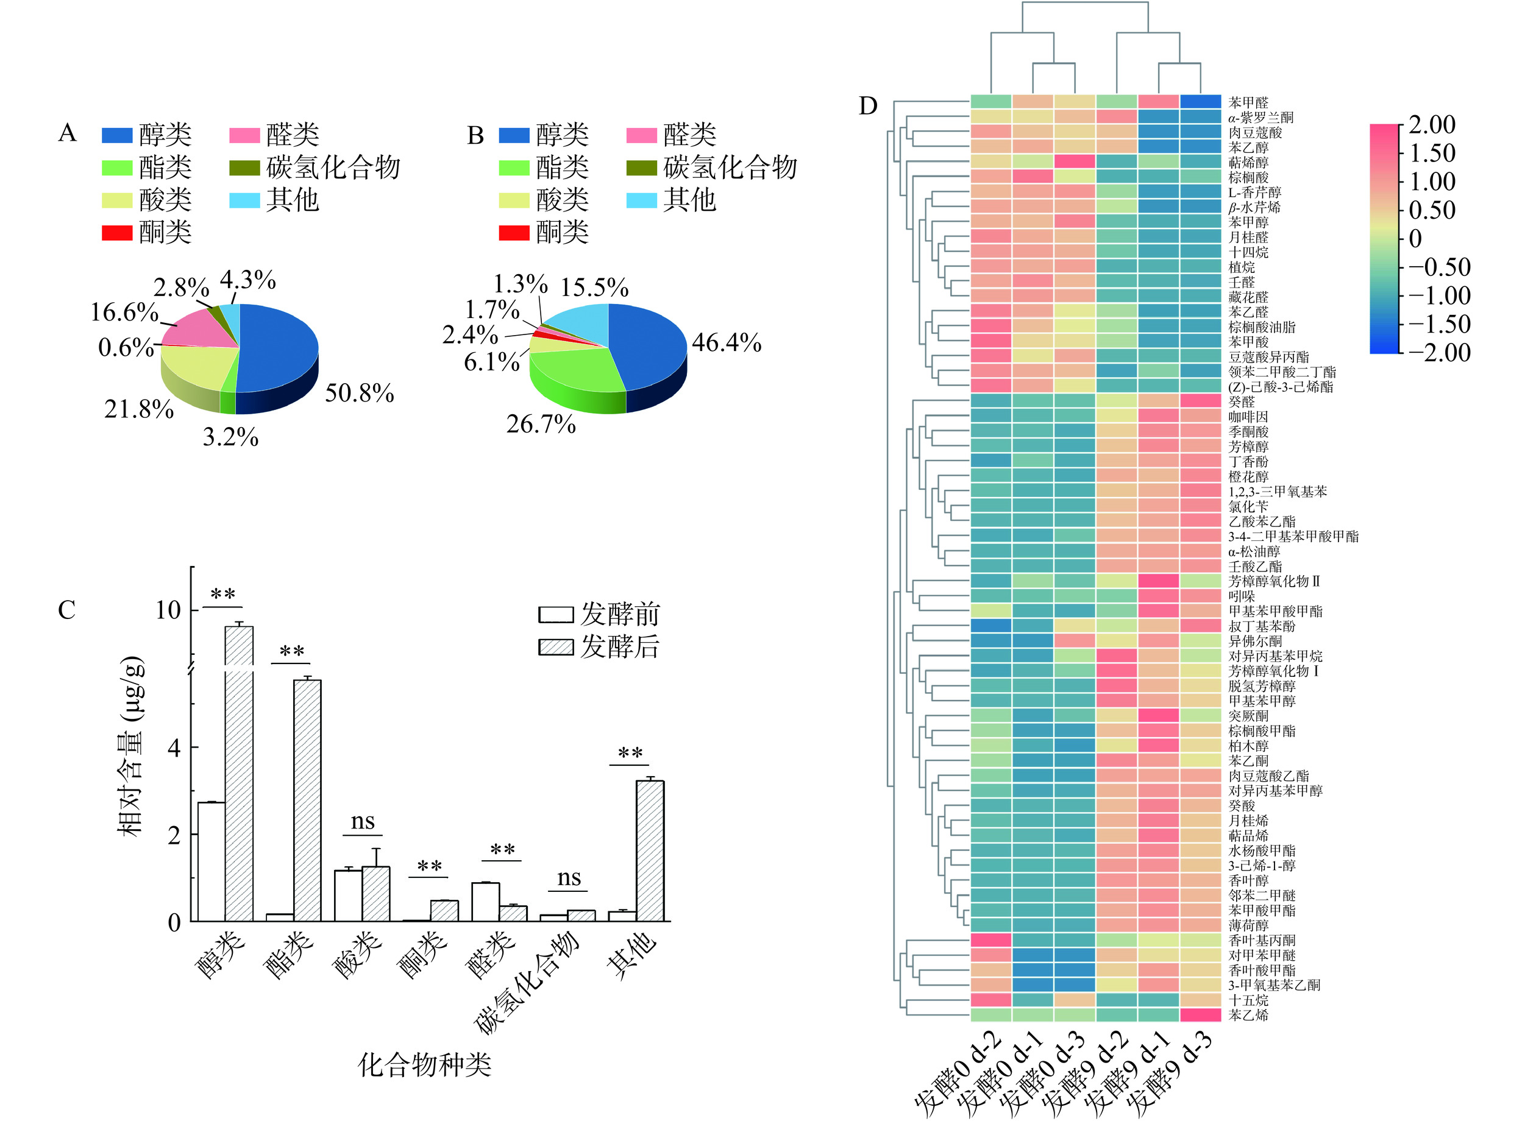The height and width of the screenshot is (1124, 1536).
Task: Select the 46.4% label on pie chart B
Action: [726, 342]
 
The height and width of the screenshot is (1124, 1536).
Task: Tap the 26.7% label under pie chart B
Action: [541, 424]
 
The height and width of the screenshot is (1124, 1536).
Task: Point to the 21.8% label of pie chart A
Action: [139, 409]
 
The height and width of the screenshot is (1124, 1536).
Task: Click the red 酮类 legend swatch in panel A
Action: [117, 233]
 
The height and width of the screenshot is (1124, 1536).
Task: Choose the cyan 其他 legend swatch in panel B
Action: [641, 200]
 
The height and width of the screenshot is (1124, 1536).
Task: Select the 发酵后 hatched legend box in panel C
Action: [555, 646]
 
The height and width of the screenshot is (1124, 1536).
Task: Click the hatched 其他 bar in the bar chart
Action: [650, 850]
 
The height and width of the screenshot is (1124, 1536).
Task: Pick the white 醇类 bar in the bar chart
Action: [211, 861]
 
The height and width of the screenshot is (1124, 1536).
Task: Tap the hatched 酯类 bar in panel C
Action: [308, 800]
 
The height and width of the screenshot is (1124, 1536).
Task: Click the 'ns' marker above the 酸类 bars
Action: [363, 822]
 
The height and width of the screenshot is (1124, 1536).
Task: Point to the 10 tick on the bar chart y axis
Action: [168, 610]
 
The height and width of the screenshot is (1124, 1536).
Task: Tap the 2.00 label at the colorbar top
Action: [1432, 124]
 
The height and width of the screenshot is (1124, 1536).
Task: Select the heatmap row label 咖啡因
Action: [1248, 416]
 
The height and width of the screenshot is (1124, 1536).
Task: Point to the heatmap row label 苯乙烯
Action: [1248, 1015]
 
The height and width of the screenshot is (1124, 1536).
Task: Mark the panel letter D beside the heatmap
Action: [868, 106]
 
